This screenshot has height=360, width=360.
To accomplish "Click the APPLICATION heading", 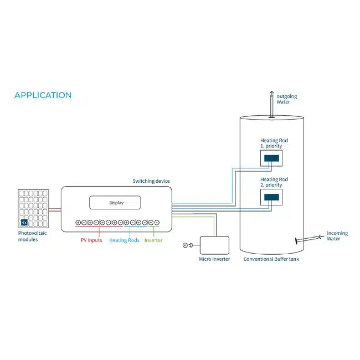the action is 43,95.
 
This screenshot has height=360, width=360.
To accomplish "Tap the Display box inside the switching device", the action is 115,203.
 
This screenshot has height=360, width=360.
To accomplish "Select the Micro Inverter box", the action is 214,245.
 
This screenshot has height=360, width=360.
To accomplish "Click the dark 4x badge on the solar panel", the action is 24,222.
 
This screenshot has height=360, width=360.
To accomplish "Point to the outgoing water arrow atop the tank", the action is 272,104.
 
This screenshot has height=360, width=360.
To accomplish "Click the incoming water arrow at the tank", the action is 310,239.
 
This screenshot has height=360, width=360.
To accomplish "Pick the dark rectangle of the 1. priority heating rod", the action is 271,158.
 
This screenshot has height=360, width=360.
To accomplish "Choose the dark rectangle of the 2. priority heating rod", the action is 271,197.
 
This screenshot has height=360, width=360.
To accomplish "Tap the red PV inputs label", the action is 91,240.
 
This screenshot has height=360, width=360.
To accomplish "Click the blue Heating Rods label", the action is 124,240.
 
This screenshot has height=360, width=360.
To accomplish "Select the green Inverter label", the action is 153,240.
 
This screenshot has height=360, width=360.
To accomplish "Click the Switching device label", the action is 151,181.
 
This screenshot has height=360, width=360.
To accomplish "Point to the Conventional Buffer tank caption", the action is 271,259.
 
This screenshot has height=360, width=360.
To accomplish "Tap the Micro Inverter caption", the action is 214,259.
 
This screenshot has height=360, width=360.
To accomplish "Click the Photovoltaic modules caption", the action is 32,236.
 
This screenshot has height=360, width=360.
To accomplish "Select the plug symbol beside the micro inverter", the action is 188,245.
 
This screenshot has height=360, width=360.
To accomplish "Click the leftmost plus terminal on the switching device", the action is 78,222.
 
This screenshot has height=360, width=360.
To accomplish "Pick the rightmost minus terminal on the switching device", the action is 157,222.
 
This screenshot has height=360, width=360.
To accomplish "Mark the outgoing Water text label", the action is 287,99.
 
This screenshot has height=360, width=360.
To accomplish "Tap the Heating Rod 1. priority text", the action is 274,143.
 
